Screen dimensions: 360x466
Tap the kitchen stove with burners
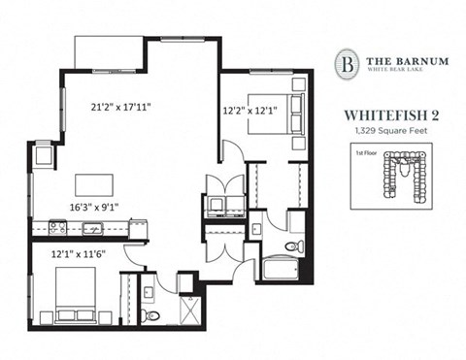tap(57, 228)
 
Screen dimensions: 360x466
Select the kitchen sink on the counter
tap(92, 228)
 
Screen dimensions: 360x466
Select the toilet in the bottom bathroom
tap(149, 312)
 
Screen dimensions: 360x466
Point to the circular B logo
tap(346, 64)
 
